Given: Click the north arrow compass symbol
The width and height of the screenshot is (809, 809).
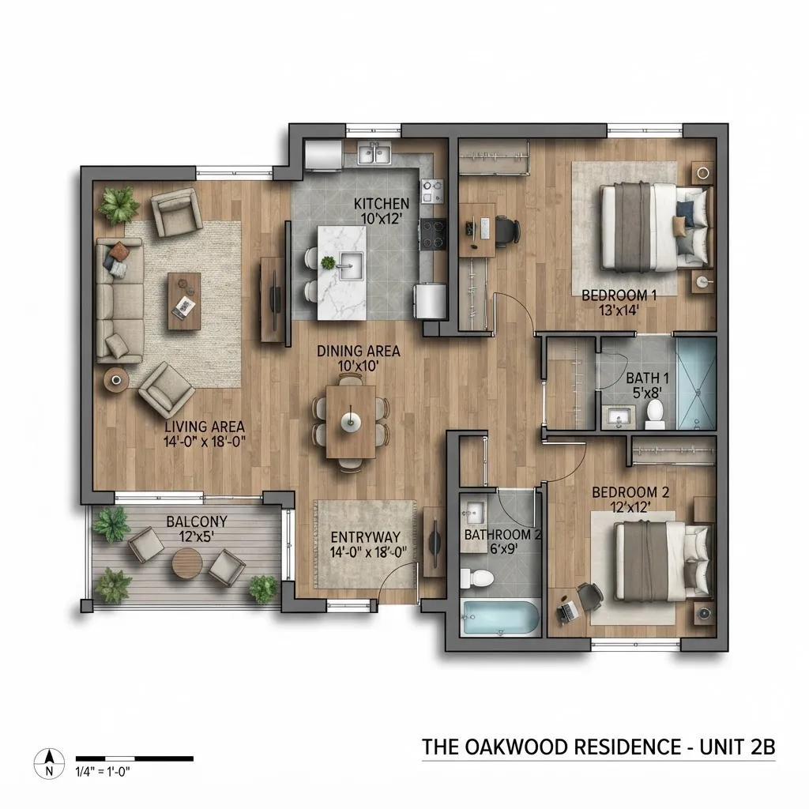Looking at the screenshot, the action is point(49,764).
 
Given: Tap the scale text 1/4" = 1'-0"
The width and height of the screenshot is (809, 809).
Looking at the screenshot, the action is point(103,772).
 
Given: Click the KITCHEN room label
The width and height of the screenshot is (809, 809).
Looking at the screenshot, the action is point(382,205).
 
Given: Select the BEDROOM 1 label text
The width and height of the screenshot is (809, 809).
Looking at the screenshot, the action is point(619,295).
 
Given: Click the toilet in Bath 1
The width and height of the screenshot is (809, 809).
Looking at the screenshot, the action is point(655,414).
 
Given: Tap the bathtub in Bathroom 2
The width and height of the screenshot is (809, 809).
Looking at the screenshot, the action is point(500,618).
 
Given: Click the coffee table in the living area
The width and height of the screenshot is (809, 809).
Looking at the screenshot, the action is point(184,301).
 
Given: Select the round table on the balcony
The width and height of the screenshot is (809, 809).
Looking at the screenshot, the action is point(187,564).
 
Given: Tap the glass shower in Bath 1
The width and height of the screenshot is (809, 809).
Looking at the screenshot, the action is point(696,383).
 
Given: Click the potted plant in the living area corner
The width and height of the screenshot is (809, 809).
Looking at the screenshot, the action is point(119,205).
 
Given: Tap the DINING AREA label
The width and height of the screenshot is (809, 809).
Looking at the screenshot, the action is point(358,352).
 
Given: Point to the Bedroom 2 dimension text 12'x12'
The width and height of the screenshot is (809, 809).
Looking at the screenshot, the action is point(630,506).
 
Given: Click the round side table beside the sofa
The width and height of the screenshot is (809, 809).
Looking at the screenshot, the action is point(117,380).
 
